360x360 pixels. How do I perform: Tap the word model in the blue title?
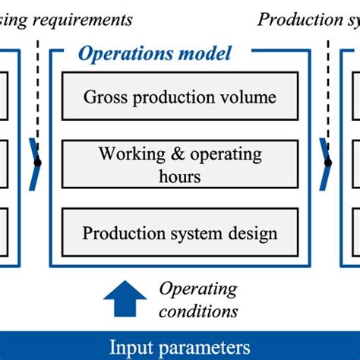tap(205, 54)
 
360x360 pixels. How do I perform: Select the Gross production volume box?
tap(180, 97)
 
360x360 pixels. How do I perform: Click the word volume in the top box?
tap(250, 97)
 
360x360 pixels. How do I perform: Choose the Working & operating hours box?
tap(180, 164)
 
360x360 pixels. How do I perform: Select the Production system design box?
tap(180, 232)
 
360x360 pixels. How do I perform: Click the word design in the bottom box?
tap(253, 232)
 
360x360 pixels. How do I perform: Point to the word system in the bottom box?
tap(194, 232)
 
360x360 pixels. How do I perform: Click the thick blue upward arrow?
tap(125, 300)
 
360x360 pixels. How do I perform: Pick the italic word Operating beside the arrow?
tap(198, 289)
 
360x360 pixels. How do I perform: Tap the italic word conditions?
tap(198, 311)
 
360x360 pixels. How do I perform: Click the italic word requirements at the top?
tap(80, 19)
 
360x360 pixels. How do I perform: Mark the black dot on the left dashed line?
tap(38, 162)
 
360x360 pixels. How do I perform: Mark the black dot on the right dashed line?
tap(328, 162)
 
